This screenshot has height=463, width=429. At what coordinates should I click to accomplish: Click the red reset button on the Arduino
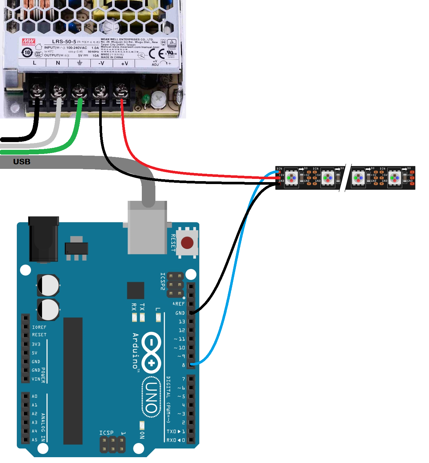pyautogui.click(x=187, y=243)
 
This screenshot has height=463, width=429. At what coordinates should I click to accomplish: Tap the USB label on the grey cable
pyautogui.click(x=22, y=161)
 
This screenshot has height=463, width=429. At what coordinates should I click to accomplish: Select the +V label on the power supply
pyautogui.click(x=124, y=64)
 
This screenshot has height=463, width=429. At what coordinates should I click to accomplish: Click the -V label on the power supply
pyautogui.click(x=101, y=63)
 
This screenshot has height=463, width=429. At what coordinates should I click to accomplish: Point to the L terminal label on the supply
pyautogui.click(x=35, y=63)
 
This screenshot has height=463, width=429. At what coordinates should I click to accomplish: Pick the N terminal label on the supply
pyautogui.click(x=58, y=63)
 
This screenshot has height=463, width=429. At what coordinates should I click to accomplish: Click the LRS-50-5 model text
pyautogui.click(x=64, y=42)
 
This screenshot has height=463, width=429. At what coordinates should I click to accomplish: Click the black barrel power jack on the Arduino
pyautogui.click(x=44, y=239)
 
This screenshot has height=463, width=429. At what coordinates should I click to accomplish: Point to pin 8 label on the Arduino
pyautogui.click(x=183, y=365)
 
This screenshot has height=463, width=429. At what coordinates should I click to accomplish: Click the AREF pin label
pyautogui.click(x=179, y=304)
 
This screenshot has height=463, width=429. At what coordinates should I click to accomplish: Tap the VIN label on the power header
pyautogui.click(x=36, y=379)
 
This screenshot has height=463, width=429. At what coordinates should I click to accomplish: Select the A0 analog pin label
pyautogui.click(x=35, y=396)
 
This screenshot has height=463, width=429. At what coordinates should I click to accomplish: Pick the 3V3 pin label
pyautogui.click(x=36, y=344)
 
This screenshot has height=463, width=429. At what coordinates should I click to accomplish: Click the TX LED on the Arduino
pyautogui.click(x=142, y=317)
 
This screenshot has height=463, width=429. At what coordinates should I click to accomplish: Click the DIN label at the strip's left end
pyautogui.click(x=279, y=169)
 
